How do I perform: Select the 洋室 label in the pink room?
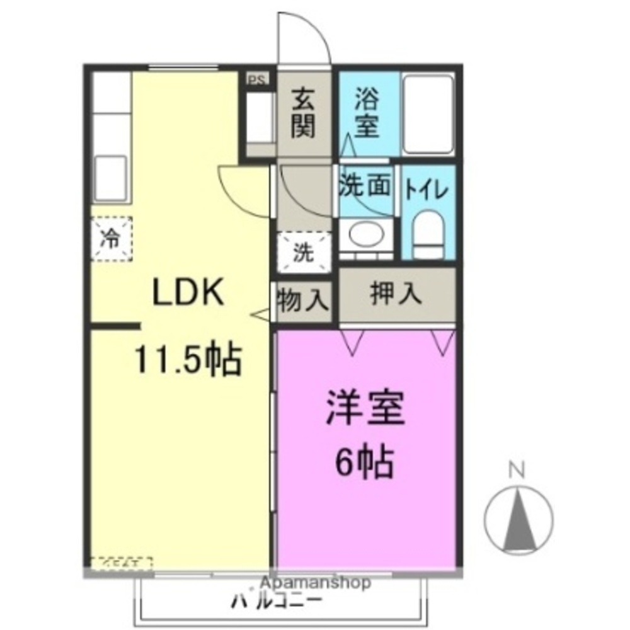coord(365,409)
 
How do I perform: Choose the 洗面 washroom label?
coord(366,186)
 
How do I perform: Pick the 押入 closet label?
coord(396,295)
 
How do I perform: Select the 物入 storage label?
coord(304,299)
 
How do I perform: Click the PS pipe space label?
coord(256,79)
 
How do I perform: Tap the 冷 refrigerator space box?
coord(111,238)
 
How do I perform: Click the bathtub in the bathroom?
coord(428,113)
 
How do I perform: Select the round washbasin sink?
coord(365,236)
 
